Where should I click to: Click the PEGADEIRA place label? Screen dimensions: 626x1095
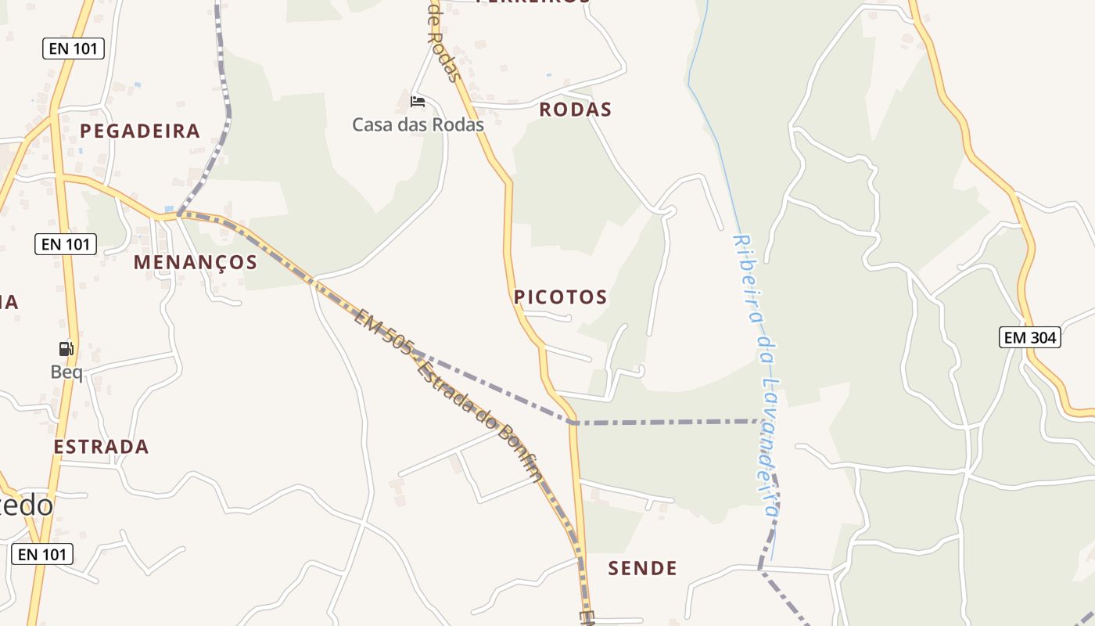click(x=140, y=131)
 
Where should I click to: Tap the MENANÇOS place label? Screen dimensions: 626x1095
click(x=195, y=262)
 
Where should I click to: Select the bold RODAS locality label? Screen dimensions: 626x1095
click(x=575, y=110)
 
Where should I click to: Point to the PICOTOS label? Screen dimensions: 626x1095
click(x=560, y=297)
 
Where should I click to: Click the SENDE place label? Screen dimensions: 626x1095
click(x=642, y=568)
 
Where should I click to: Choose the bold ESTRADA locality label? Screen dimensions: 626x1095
click(x=101, y=447)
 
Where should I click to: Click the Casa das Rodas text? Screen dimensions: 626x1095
click(x=418, y=124)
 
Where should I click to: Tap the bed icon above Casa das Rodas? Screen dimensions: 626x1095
click(x=418, y=102)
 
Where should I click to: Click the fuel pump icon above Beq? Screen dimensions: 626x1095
click(x=66, y=349)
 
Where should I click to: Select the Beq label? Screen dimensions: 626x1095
click(x=66, y=372)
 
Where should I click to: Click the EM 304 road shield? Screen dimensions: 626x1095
click(x=1030, y=337)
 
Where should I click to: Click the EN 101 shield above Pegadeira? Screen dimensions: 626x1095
click(x=73, y=49)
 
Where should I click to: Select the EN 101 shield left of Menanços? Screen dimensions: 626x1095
click(x=66, y=244)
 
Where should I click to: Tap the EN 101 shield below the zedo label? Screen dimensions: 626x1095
click(x=42, y=554)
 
